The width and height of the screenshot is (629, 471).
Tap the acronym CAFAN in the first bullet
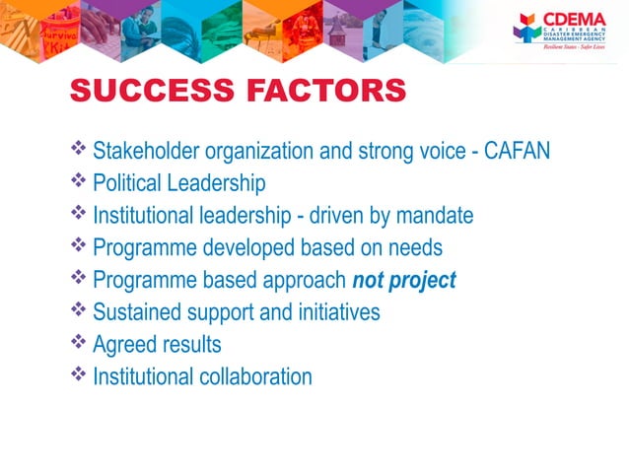click(x=517, y=151)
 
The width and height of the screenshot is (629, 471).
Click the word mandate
click(x=435, y=215)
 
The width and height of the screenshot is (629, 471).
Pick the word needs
click(x=415, y=247)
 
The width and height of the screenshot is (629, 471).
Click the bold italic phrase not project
click(x=404, y=280)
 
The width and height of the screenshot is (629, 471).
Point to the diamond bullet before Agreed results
click(x=79, y=344)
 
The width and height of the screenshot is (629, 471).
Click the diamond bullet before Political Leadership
click(x=79, y=182)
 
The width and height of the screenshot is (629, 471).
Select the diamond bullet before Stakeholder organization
click(x=79, y=150)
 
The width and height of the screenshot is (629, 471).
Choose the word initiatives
click(x=333, y=312)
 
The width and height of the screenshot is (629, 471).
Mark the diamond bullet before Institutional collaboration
click(x=79, y=375)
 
